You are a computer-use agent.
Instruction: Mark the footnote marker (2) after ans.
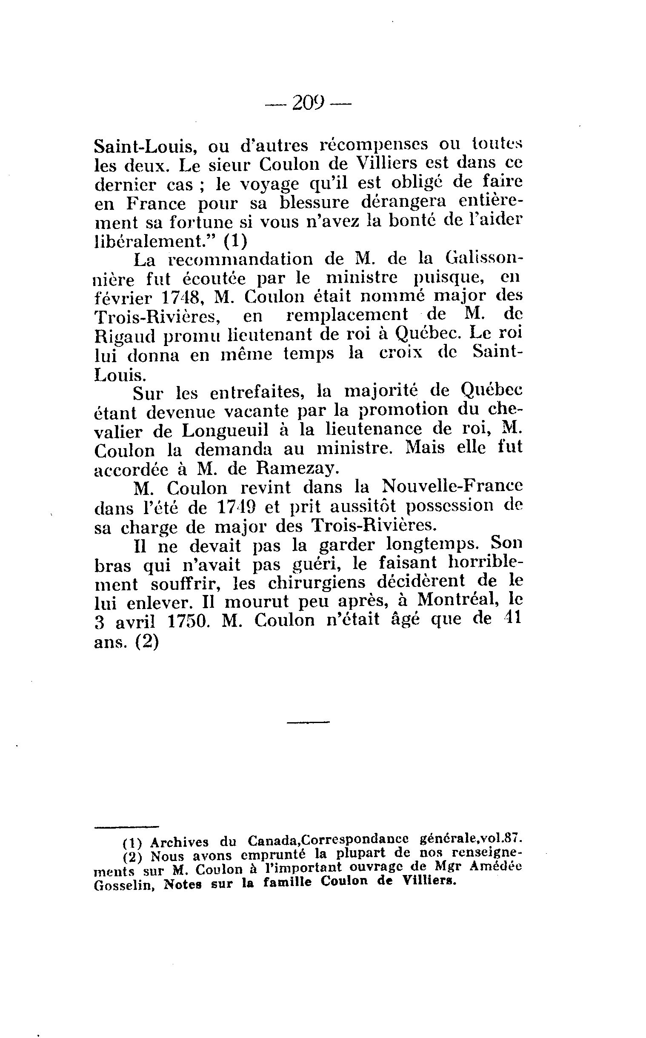point(147,642)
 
